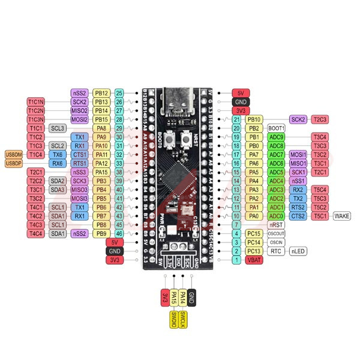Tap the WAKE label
[x=342, y=216]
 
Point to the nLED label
[x=298, y=251]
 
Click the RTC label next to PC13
[x=276, y=251]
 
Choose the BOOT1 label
[x=277, y=128]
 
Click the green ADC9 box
[x=277, y=137]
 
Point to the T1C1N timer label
[x=35, y=102]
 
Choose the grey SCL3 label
[x=58, y=128]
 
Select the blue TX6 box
[x=58, y=154]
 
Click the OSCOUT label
[x=277, y=233]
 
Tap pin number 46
[x=119, y=233]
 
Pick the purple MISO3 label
[x=79, y=190]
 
